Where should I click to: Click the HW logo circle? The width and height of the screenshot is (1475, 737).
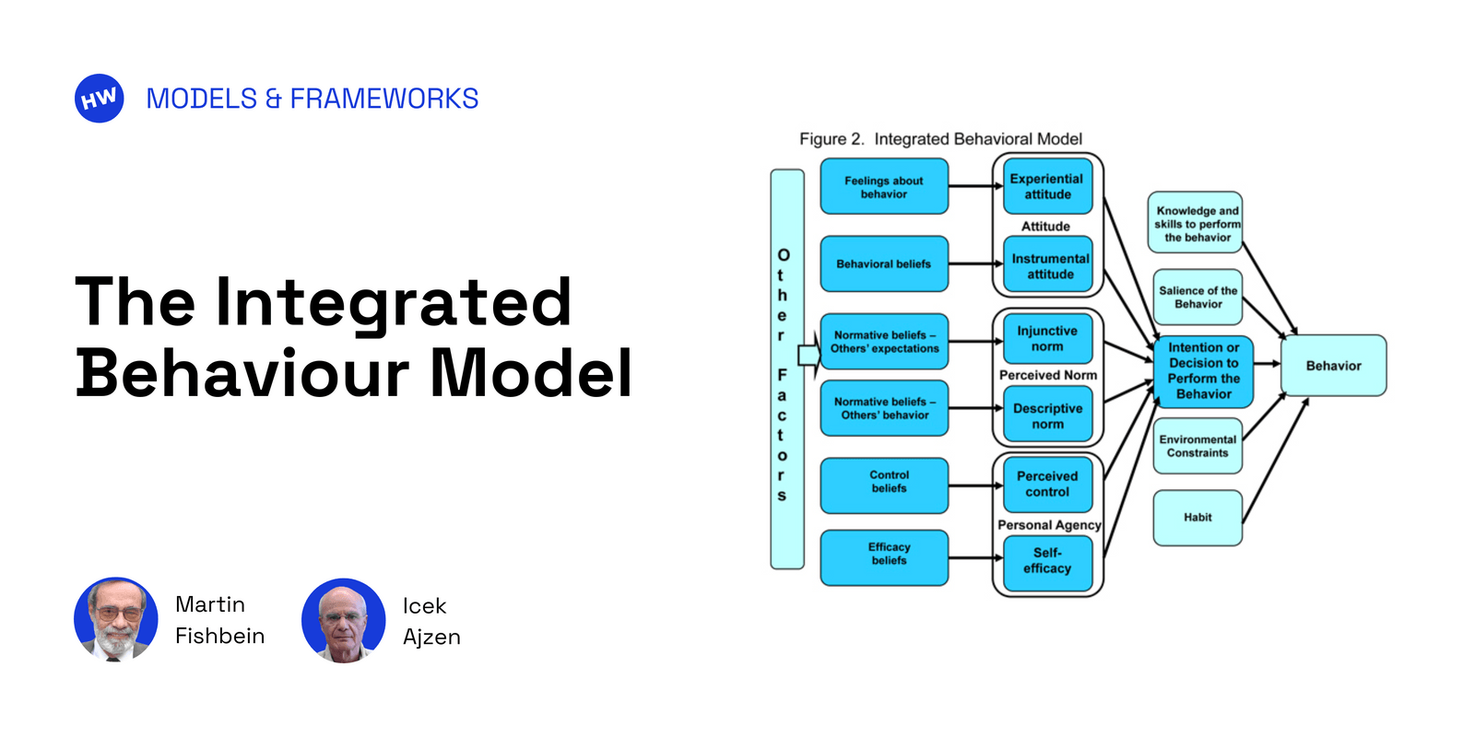click(99, 99)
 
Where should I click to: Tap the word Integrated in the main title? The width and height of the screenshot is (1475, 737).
click(393, 302)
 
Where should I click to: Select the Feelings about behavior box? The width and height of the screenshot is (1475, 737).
click(883, 187)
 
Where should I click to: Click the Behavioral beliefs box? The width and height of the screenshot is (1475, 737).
click(883, 264)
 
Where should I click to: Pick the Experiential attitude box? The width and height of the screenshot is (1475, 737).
click(1047, 187)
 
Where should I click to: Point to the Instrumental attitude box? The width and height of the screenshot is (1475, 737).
click(1049, 266)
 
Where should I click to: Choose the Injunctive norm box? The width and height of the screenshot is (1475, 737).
click(1047, 339)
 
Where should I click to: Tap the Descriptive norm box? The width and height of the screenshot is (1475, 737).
click(1047, 416)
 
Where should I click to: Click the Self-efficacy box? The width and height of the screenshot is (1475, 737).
click(1047, 561)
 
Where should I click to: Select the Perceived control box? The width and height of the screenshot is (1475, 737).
click(1047, 485)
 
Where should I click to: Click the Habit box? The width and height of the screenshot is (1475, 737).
click(1198, 518)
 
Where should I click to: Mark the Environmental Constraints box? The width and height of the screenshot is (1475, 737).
click(1198, 447)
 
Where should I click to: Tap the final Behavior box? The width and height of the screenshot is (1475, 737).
click(1333, 366)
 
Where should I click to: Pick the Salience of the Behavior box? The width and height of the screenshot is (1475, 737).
click(1198, 298)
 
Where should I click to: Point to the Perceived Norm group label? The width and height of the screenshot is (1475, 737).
click(1047, 376)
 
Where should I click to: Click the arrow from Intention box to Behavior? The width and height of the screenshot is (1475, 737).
click(1267, 364)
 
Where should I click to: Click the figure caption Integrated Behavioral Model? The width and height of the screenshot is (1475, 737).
click(977, 139)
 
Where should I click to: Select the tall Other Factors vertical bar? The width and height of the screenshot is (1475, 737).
click(787, 368)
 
